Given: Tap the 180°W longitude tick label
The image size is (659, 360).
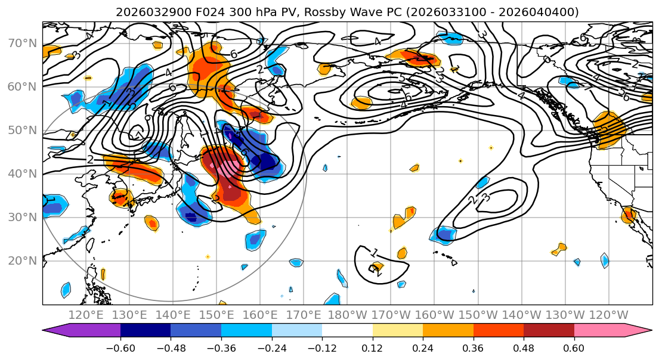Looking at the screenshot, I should pyautogui.click(x=348, y=315).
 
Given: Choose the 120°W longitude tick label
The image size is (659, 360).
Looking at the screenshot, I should pyautogui.click(x=609, y=315).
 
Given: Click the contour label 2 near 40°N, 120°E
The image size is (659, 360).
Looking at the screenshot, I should pyautogui.click(x=90, y=159).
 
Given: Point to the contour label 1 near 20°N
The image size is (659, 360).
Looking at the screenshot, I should pyautogui.click(x=374, y=253).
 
